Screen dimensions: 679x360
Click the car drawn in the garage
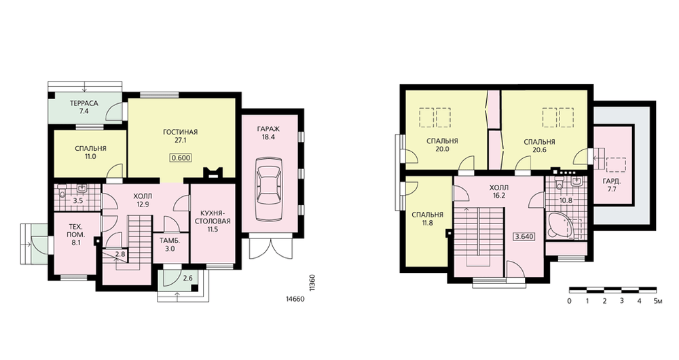tap(268, 190)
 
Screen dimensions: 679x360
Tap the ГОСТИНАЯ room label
tap(180, 132)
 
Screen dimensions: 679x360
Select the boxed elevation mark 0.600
tap(181, 158)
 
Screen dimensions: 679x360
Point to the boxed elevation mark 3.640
tap(524, 237)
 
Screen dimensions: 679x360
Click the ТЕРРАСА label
tap(84, 103)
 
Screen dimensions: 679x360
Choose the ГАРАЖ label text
tap(268, 128)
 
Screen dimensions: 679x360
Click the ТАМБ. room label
tap(170, 240)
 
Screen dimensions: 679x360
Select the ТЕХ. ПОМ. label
tap(77, 230)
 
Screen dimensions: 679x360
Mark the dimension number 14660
tap(295, 299)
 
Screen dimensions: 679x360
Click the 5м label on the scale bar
tap(658, 301)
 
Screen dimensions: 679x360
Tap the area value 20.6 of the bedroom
tap(539, 150)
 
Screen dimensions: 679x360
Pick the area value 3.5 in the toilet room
tap(78, 200)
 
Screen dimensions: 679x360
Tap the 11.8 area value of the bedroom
tap(427, 223)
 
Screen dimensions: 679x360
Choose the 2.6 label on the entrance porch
tap(187, 278)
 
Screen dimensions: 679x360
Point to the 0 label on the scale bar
tap(569, 301)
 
